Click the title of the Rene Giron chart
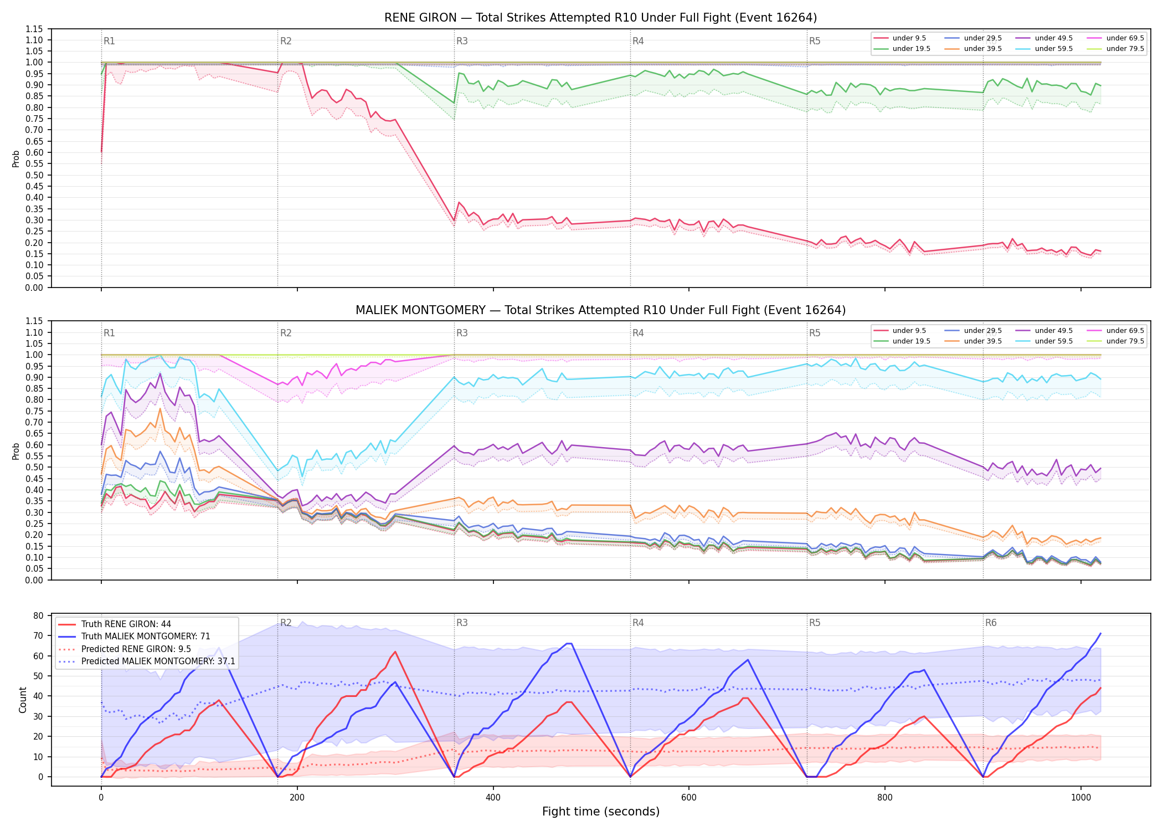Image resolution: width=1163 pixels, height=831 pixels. tap(600, 18)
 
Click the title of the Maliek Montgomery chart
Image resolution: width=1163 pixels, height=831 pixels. tap(600, 310)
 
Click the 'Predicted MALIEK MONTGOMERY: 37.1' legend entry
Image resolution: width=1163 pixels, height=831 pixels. tap(147, 661)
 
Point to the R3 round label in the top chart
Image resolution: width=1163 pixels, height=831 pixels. tap(462, 41)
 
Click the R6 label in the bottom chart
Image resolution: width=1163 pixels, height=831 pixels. tap(991, 623)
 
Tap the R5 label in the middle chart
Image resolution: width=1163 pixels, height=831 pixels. tap(815, 333)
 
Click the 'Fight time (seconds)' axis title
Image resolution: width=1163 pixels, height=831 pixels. tap(601, 812)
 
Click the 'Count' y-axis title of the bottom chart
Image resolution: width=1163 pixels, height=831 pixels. tap(23, 700)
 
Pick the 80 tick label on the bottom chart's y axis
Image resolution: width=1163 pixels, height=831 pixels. tap(38, 615)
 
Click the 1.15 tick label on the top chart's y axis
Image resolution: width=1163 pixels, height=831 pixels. tap(34, 29)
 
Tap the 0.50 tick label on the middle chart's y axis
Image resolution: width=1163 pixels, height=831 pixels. tap(34, 467)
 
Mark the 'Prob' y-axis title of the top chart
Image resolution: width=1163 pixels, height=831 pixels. tap(16, 159)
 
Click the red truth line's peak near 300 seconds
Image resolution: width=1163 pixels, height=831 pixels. tap(395, 652)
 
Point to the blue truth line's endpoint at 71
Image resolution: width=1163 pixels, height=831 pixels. tap(1100, 633)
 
